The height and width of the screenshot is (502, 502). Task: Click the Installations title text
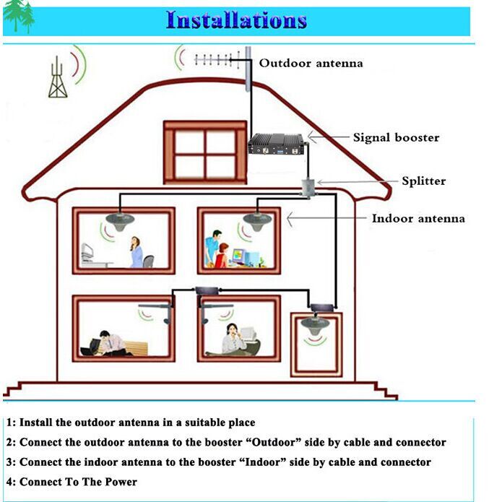coord(236,20)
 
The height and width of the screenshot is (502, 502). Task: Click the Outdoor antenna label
coord(311,63)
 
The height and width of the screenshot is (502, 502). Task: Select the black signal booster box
coord(277,144)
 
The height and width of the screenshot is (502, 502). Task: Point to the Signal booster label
coord(396,138)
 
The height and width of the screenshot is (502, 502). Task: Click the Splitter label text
coord(423,181)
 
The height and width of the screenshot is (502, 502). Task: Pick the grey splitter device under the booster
coord(308,188)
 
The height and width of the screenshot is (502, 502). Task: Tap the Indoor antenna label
coord(418,218)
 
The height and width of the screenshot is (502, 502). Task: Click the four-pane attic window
coord(205,152)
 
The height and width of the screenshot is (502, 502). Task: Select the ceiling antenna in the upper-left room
coord(120,222)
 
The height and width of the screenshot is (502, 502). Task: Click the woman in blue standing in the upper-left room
coord(137,252)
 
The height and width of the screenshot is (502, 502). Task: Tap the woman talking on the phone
coord(233,339)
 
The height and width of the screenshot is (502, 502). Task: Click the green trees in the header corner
coord(19,16)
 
